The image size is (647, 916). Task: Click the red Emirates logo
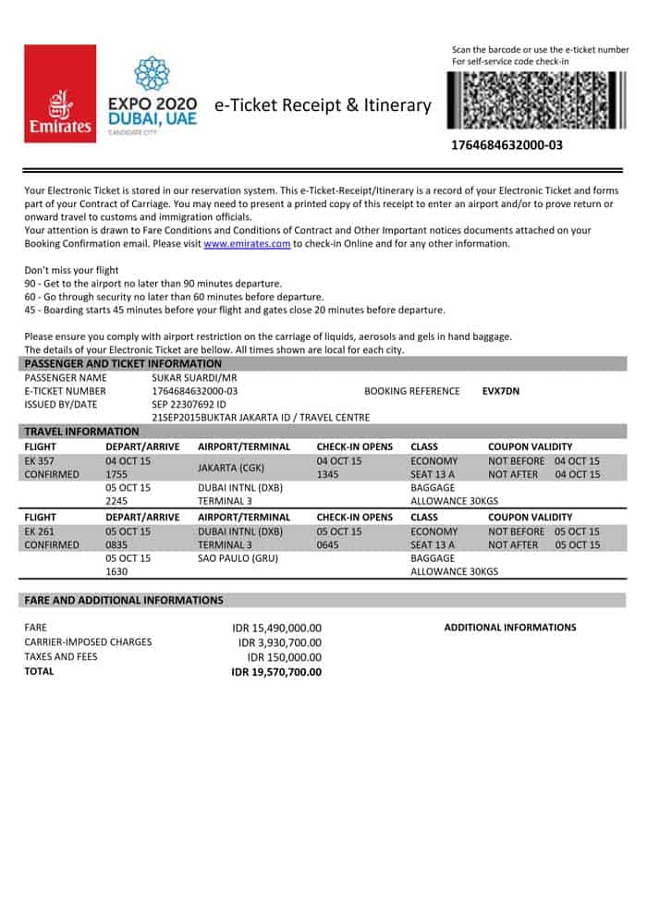[x=60, y=93]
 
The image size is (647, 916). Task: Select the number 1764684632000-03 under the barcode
[x=507, y=145]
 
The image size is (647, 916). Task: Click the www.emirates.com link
[x=247, y=244]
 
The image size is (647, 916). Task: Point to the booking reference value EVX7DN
[x=501, y=391]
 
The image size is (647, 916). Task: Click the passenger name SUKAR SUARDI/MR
[x=194, y=378]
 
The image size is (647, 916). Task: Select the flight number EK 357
[x=41, y=460]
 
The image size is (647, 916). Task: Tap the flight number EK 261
[x=41, y=531]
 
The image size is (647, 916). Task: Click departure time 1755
[x=117, y=474]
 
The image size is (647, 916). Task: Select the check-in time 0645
[x=329, y=545]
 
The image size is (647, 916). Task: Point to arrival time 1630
[x=117, y=572]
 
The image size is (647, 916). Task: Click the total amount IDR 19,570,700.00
[x=276, y=672]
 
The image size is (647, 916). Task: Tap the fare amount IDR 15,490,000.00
[x=277, y=628]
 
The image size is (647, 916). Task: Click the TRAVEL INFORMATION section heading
[x=81, y=431]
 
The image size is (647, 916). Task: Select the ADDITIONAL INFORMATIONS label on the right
[x=510, y=628]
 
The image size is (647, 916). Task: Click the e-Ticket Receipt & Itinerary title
[x=323, y=105]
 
